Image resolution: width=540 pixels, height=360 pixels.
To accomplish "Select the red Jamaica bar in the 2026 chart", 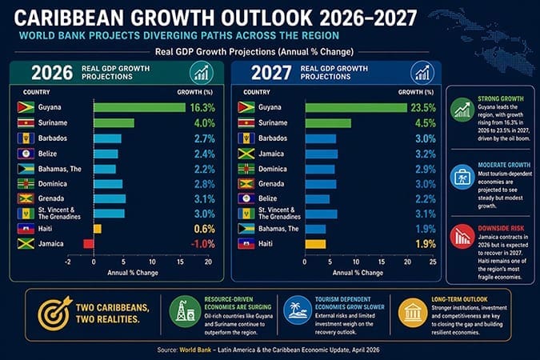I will point(88,243).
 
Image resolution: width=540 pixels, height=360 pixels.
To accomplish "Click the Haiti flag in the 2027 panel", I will point(246,243).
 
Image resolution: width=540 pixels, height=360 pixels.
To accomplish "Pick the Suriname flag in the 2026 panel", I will point(24,122).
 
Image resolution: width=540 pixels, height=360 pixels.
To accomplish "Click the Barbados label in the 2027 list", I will point(277,138).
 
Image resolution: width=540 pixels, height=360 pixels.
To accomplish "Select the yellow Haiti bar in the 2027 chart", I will point(314,243).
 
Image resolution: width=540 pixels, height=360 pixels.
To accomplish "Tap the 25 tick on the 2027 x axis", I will point(433,262).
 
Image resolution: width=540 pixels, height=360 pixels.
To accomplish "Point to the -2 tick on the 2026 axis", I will point(68,262).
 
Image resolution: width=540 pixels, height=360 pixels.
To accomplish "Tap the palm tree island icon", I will point(297,312).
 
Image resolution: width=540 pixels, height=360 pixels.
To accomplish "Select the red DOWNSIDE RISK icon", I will point(462,236).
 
